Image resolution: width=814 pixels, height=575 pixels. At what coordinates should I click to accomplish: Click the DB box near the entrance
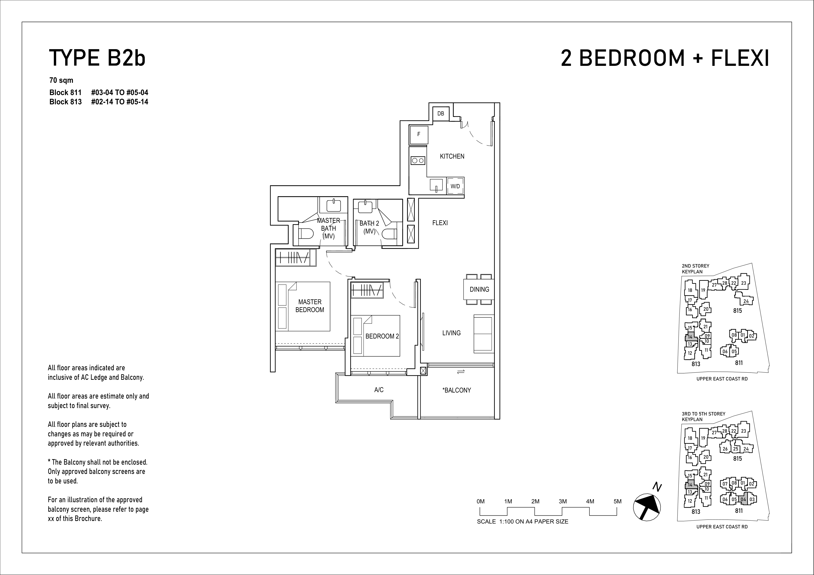coord(441,113)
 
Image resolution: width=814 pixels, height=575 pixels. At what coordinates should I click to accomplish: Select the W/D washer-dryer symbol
coord(455,186)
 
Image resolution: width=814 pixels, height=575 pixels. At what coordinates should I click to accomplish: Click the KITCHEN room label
coord(452,156)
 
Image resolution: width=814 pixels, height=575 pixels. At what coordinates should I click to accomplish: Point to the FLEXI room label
coord(440,223)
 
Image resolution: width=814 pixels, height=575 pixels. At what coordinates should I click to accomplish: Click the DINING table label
coord(479,289)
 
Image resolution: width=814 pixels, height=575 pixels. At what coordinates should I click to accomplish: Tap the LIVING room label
coord(451,333)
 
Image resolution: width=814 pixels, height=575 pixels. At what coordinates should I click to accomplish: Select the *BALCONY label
coord(457,390)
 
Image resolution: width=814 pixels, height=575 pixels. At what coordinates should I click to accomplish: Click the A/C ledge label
coord(379,390)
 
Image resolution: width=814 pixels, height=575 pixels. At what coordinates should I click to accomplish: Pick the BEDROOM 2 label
coord(382,336)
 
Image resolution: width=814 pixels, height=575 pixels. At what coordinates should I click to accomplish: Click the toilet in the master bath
coord(306,234)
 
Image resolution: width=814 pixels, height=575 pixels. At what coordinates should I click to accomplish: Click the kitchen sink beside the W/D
coord(436,185)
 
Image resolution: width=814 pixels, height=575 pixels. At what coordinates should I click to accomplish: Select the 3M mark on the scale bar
coord(563,501)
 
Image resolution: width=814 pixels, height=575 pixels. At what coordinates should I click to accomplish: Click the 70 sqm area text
coord(61,80)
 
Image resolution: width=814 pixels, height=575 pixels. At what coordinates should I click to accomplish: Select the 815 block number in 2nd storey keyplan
coord(737,311)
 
